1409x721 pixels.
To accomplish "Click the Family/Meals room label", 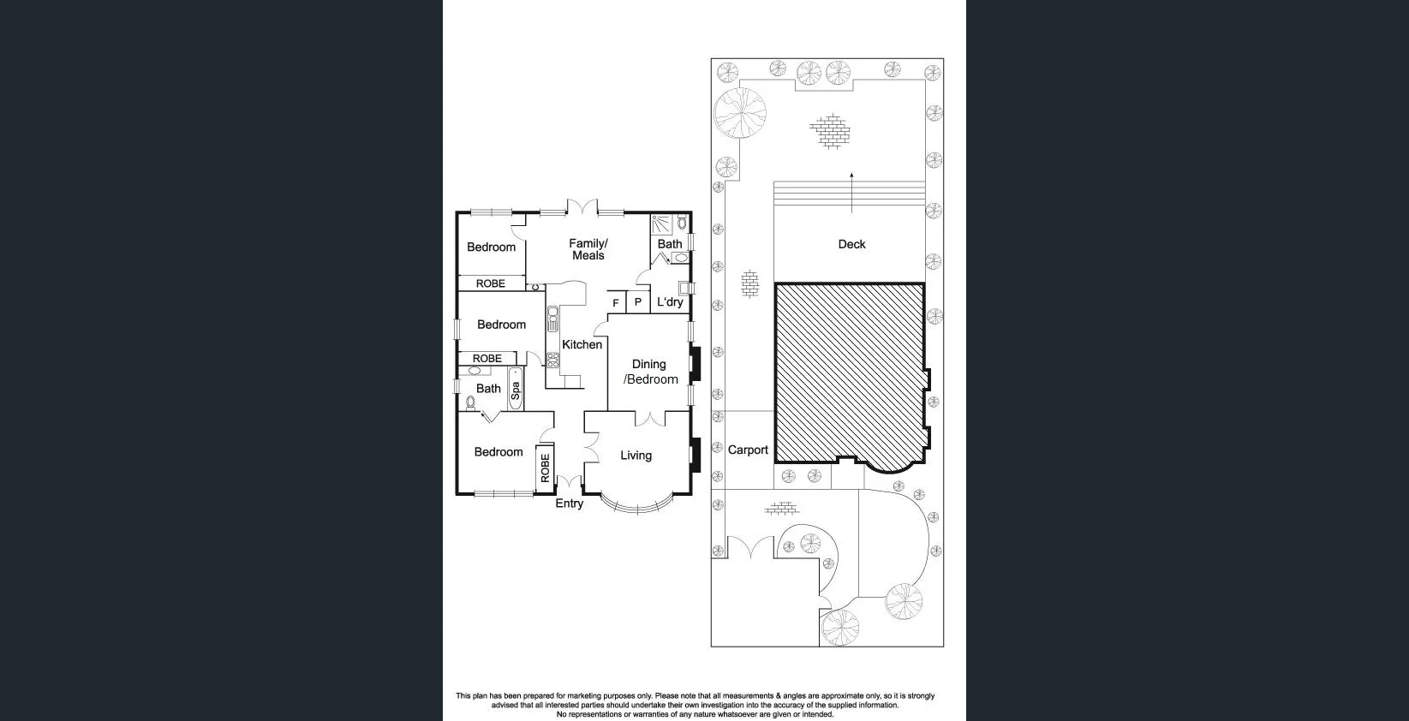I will pos(588,249).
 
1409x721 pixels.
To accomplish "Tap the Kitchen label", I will pos(582,344).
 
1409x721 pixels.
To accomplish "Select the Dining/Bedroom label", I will pos(650,372).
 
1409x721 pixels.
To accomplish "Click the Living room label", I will pos(636,456).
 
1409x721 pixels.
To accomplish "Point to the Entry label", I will pos(569,504).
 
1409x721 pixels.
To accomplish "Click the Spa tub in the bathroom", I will pos(515,390).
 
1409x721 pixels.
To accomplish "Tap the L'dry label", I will pos(670,302).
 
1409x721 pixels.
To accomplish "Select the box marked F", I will pos(615,303).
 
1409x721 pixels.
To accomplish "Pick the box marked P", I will pos(637,302).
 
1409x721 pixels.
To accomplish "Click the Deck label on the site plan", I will pos(851,244).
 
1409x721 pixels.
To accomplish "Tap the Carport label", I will pos(748,450).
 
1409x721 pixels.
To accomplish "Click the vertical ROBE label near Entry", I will pos(545,468).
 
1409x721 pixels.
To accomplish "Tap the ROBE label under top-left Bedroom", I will pos(491,283).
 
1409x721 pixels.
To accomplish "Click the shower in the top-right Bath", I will pos(662,224).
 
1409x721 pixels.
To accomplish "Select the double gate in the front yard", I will pos(751,548).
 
